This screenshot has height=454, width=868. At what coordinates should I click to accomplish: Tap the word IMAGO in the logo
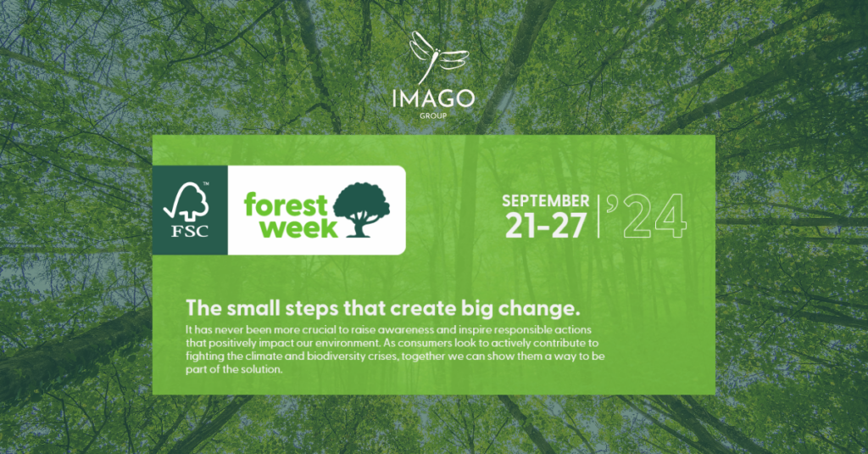click(x=433, y=98)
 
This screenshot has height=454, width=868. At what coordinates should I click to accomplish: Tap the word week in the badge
click(x=299, y=227)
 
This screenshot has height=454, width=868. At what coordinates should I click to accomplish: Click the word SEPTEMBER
click(x=546, y=201)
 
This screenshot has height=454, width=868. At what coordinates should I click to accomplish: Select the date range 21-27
click(x=547, y=225)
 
